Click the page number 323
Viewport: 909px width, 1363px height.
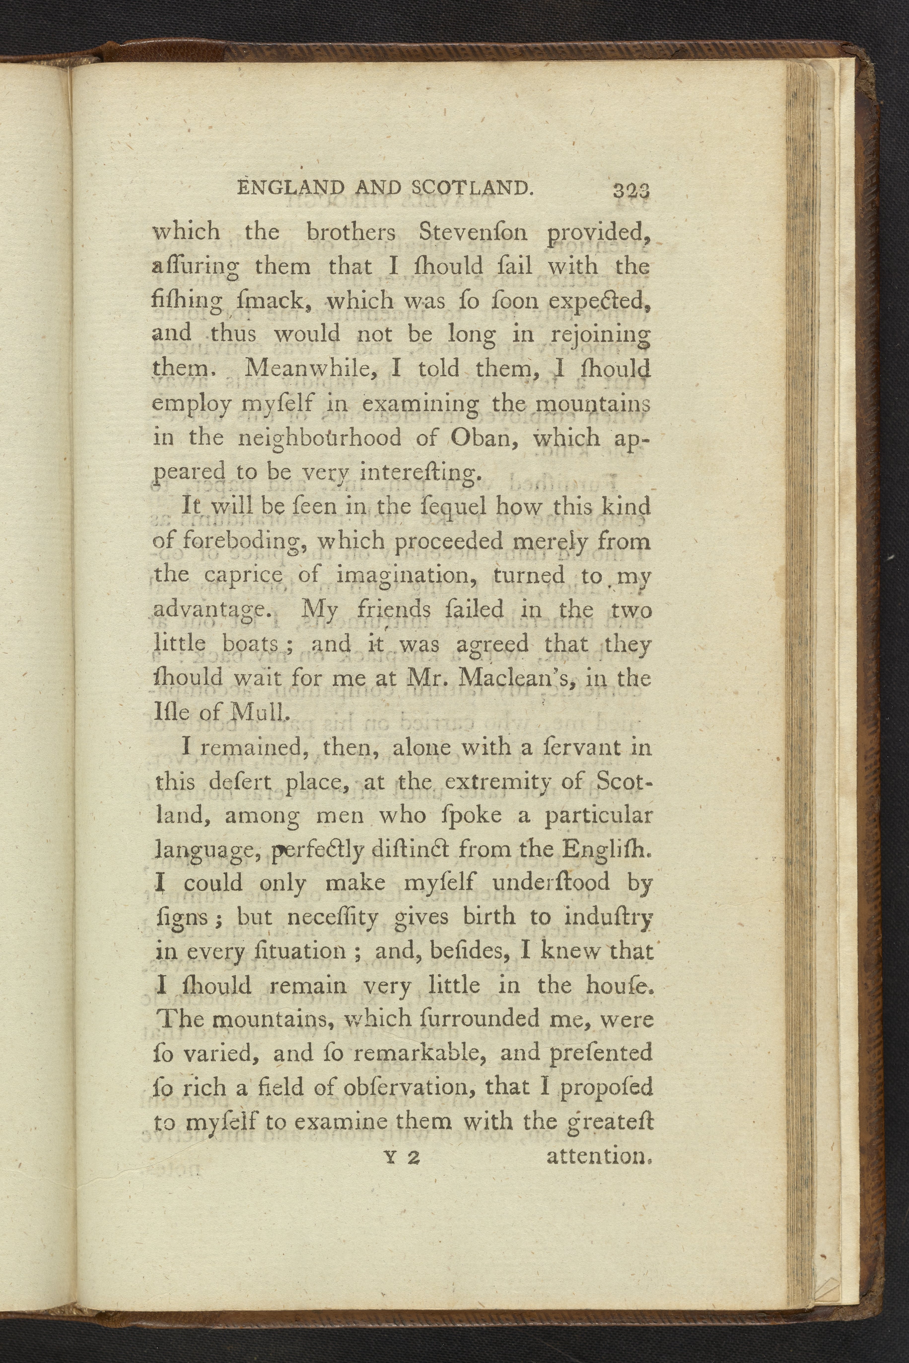pyautogui.click(x=631, y=190)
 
